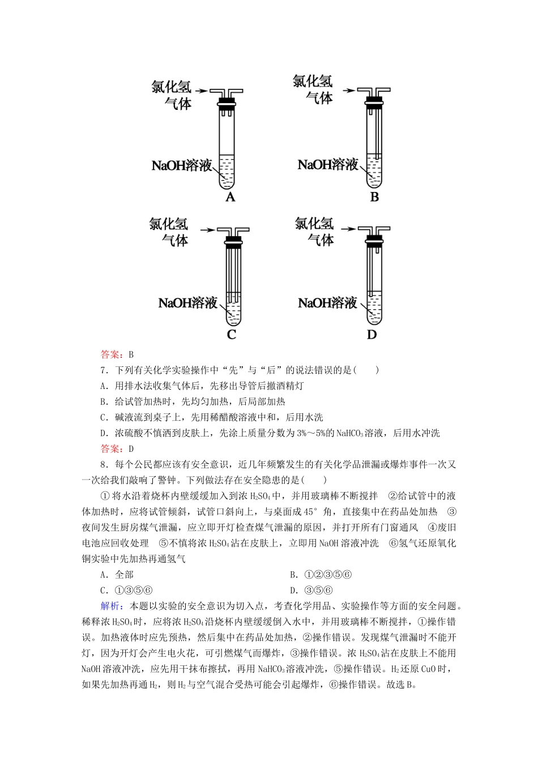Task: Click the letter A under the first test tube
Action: pyautogui.click(x=230, y=197)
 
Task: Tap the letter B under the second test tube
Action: pyautogui.click(x=374, y=197)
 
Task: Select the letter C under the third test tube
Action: pyautogui.click(x=231, y=335)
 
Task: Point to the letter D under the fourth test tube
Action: pyautogui.click(x=372, y=335)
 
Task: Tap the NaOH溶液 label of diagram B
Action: pyautogui.click(x=328, y=165)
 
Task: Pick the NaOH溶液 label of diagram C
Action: pyautogui.click(x=188, y=303)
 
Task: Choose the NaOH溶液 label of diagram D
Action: pyautogui.click(x=328, y=303)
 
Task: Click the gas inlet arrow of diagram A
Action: pyautogui.click(x=202, y=90)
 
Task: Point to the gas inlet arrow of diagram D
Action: pyautogui.click(x=348, y=229)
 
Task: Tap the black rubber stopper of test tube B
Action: pyautogui.click(x=373, y=102)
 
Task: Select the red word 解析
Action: pyautogui.click(x=109, y=606)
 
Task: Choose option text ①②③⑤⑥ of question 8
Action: pyautogui.click(x=328, y=575)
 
